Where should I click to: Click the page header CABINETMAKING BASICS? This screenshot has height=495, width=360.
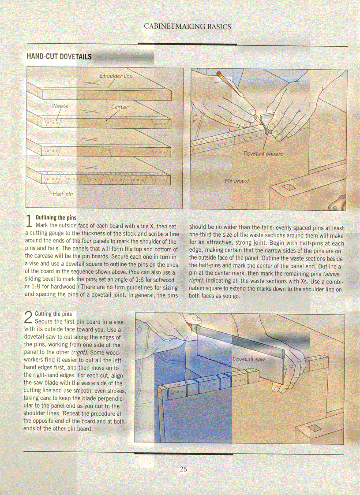187,26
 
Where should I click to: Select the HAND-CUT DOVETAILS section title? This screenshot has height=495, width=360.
59,57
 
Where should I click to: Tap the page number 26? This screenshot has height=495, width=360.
183,469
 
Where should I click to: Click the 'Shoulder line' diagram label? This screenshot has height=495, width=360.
116,76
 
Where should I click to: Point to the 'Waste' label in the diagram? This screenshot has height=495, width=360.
60,106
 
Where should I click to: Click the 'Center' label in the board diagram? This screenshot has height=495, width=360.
120,107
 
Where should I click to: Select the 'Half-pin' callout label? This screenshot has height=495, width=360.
63,194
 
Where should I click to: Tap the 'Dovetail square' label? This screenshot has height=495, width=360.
263,154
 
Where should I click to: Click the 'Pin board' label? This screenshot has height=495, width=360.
236,181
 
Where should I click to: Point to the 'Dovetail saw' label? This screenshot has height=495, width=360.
248,359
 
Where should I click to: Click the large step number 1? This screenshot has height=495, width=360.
29,222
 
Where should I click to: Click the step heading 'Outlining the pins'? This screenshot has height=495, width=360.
56,218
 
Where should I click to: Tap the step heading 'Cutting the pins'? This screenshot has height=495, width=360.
53,314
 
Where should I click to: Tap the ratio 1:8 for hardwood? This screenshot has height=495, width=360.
34,287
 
